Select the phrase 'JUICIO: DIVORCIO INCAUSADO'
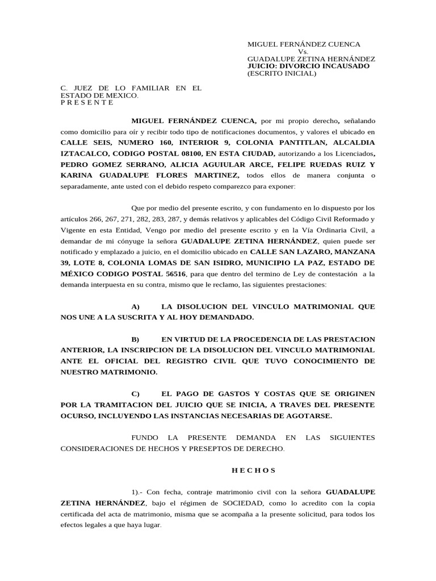(x=308, y=66)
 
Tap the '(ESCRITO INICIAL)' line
(x=282, y=73)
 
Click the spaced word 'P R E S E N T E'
(x=87, y=103)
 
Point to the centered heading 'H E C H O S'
(x=253, y=470)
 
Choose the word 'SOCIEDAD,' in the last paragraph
(x=247, y=503)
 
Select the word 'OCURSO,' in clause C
(x=78, y=416)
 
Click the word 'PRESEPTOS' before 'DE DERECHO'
(x=215, y=449)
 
